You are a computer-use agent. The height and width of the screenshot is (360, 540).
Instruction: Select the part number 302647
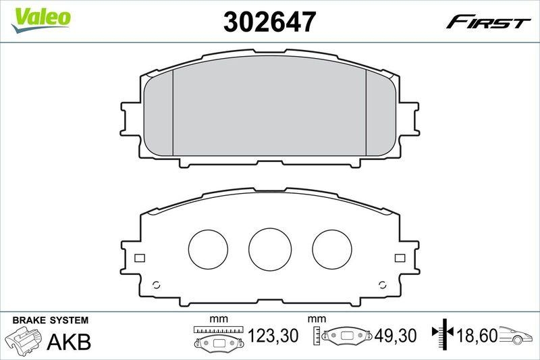269,22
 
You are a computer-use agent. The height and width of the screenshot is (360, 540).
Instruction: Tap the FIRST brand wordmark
487,22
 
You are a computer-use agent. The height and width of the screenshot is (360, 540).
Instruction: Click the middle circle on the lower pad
270,246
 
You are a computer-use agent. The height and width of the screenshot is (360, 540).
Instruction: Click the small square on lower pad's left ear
139,258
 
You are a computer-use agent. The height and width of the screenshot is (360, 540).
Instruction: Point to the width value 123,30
273,334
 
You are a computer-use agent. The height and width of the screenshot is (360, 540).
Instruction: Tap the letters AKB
69,342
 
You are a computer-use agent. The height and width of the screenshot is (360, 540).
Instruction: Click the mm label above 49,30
317,319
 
